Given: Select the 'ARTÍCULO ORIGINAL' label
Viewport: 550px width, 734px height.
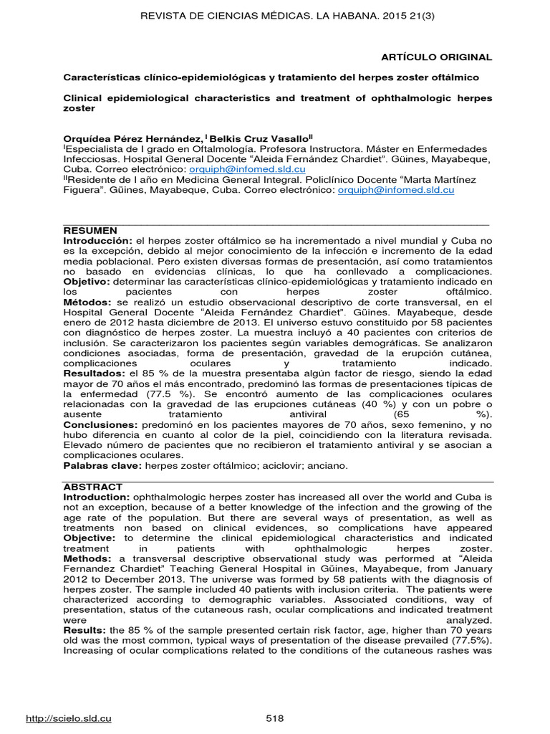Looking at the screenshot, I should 446,57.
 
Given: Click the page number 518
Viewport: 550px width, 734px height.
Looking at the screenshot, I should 275,718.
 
